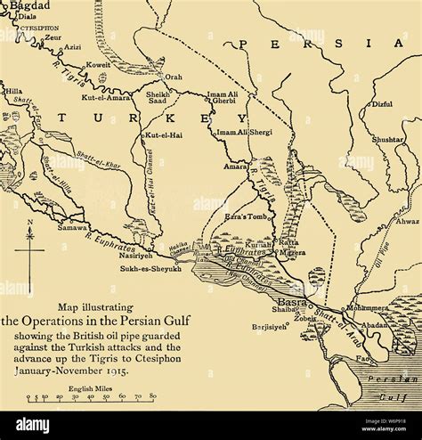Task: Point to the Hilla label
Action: tap(13, 91)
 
